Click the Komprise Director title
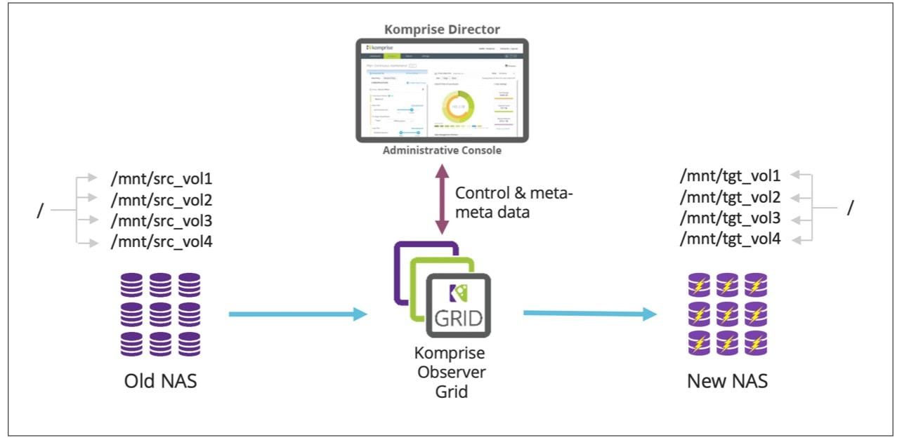point(441,29)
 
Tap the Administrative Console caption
point(442,150)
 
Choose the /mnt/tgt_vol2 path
point(730,196)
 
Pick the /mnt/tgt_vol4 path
point(730,239)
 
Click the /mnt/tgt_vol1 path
point(730,175)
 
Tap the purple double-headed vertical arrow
point(442,199)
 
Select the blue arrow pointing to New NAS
point(590,314)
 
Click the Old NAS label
point(161,382)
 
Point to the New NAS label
point(727,382)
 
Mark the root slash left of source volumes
point(39,210)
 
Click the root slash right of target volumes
point(851,208)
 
